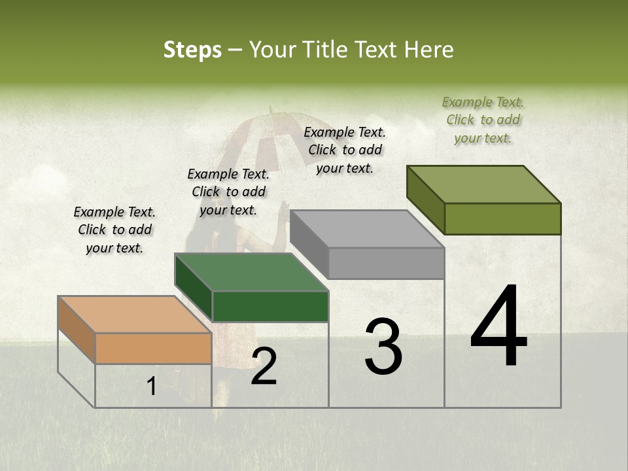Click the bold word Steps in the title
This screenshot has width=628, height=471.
[192, 50]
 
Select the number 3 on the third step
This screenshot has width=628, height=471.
[383, 347]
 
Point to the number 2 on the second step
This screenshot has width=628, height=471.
[264, 367]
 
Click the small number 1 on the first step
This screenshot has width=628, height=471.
[151, 387]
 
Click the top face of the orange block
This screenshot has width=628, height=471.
[135, 314]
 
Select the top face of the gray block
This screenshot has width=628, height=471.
[367, 229]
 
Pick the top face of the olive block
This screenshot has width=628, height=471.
[483, 184]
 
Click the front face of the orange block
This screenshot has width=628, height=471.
[153, 348]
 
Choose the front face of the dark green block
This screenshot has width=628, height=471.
[270, 306]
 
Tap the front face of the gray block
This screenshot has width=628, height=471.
[386, 263]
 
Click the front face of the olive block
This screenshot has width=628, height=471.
[502, 218]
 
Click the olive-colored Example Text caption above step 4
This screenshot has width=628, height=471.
[483, 120]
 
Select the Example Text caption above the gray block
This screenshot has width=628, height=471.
[345, 150]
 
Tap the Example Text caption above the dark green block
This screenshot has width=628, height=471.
[228, 192]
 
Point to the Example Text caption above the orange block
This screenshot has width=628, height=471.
[114, 230]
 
